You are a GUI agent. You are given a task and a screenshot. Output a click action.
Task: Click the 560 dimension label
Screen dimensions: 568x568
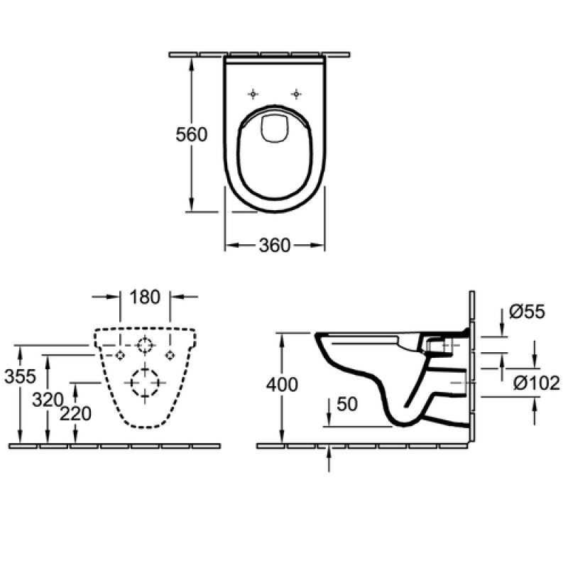point(191,134)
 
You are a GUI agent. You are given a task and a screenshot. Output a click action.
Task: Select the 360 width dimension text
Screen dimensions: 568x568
point(275,245)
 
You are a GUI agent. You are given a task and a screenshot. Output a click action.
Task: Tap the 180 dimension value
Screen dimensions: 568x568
point(145,297)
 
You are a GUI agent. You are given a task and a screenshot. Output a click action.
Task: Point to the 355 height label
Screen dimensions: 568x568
point(21,376)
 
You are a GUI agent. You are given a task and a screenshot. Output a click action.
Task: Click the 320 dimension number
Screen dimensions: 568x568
point(48,400)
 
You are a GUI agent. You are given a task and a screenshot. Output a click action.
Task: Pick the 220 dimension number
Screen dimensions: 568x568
point(75,414)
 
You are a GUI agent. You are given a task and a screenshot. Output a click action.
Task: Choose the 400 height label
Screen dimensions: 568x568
point(282,384)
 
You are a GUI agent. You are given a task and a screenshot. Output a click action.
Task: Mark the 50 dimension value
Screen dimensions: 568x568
point(347,404)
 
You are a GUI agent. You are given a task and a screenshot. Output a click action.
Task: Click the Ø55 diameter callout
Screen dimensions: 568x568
point(527,312)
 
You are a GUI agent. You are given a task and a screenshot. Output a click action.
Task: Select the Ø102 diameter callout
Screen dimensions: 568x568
point(537,383)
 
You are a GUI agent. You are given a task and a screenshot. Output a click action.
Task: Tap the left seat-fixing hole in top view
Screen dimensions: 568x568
point(253,94)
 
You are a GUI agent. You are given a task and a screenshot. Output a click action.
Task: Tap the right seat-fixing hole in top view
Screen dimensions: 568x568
point(296,94)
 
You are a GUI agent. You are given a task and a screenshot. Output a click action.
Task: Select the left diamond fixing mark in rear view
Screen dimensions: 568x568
point(120,356)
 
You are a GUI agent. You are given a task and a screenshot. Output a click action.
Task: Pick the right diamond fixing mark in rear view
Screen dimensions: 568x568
point(170,356)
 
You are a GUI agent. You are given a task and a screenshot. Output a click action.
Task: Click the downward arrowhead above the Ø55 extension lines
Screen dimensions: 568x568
point(502,330)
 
